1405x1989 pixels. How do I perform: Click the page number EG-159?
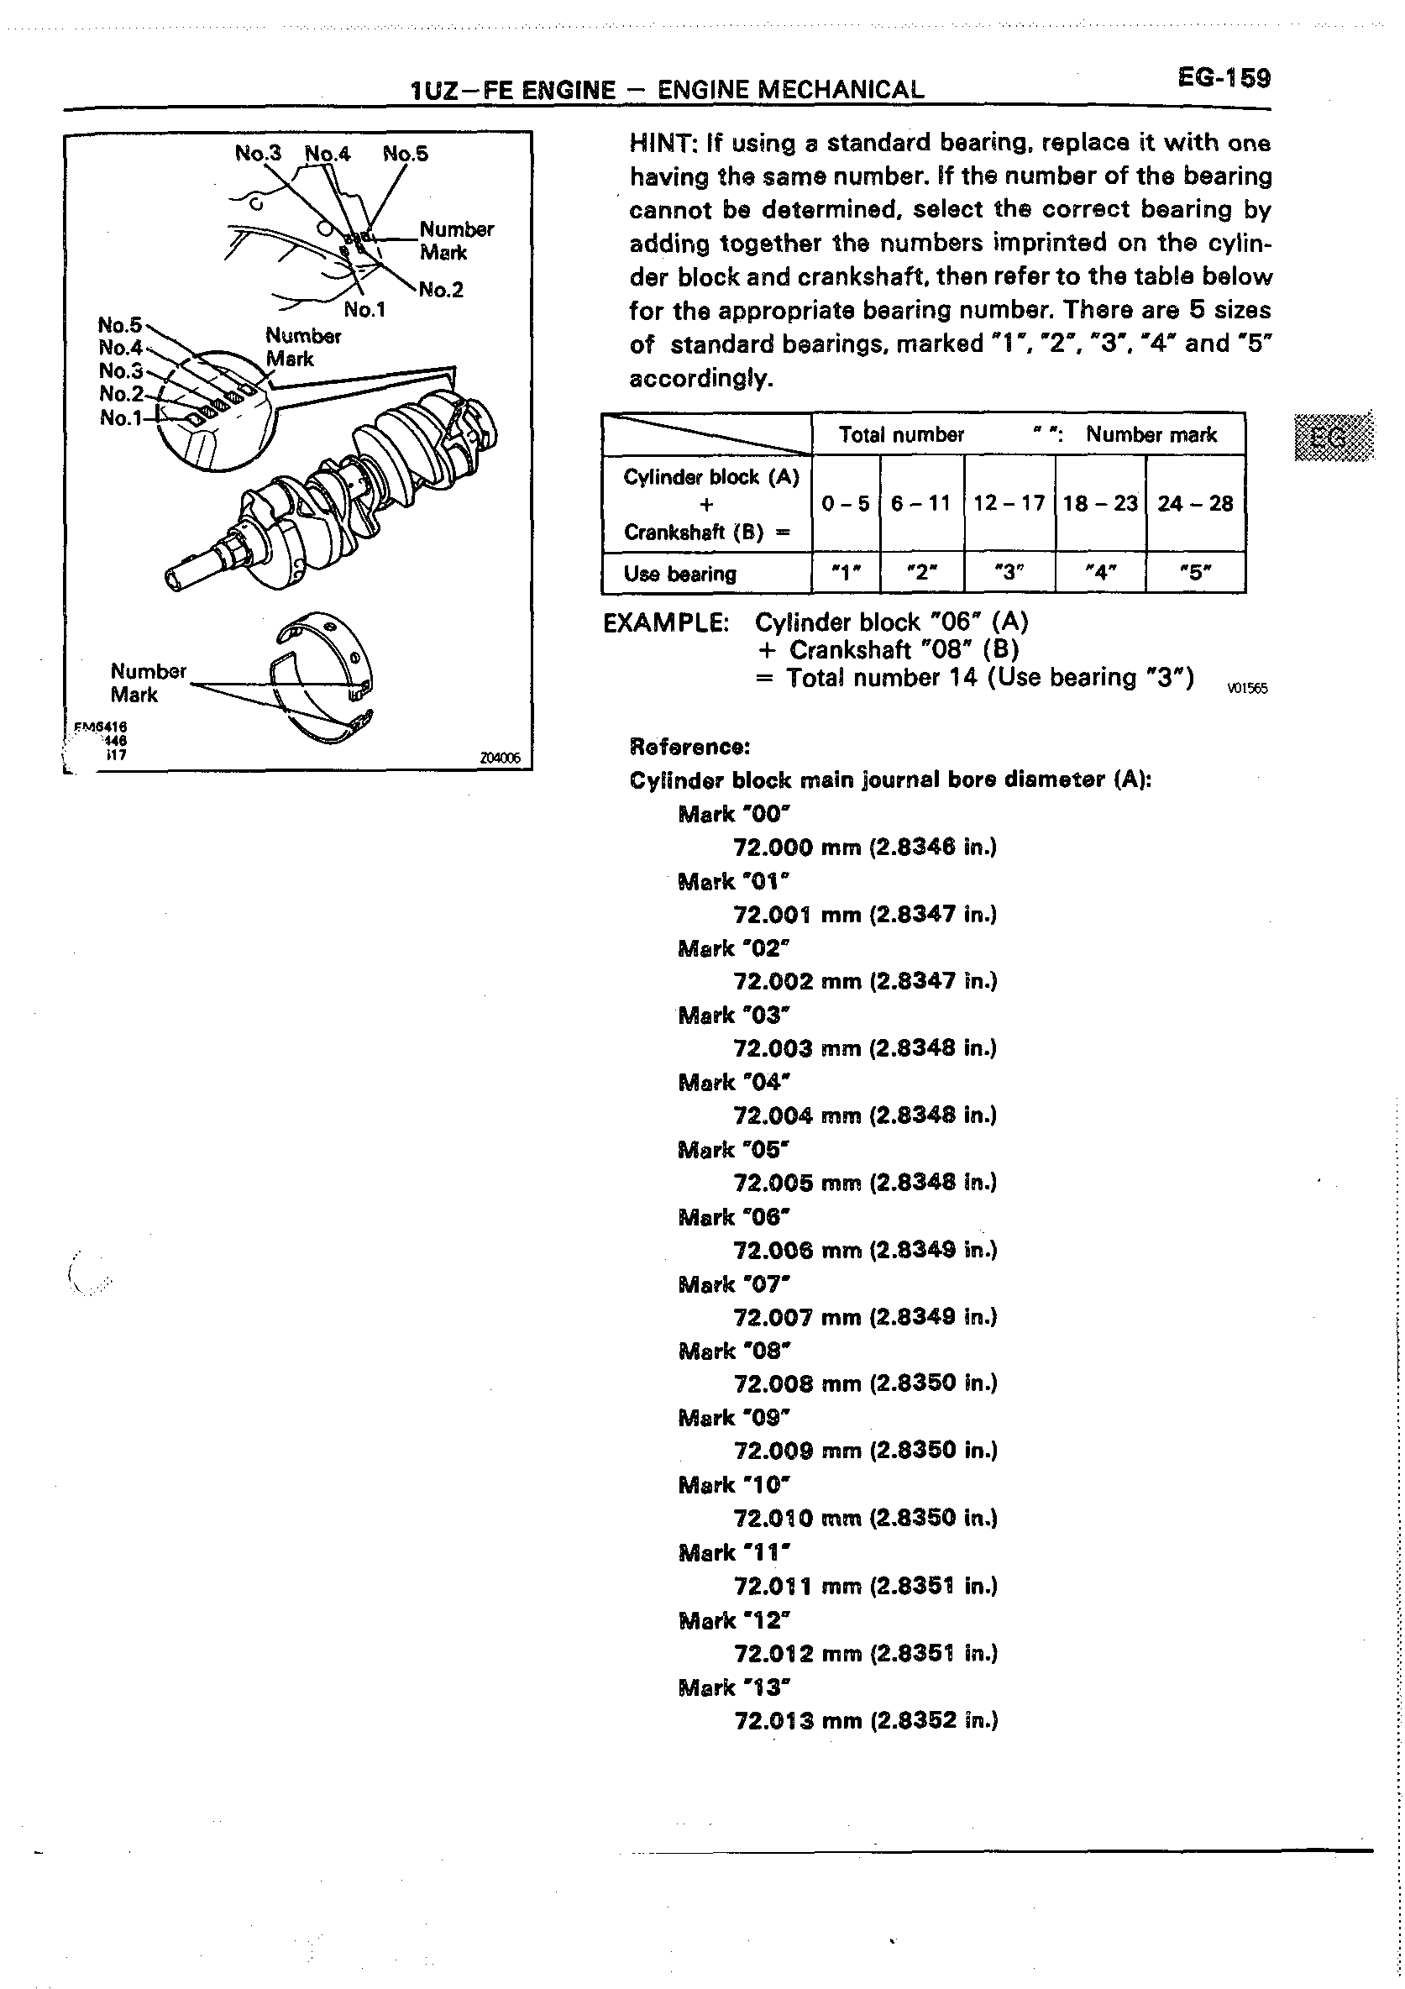tap(1223, 78)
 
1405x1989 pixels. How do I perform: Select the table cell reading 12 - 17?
tap(1009, 503)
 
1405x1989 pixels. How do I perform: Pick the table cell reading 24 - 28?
tap(1194, 503)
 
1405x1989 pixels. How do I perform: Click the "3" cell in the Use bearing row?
tap(1009, 574)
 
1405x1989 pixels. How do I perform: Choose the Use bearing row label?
tap(680, 574)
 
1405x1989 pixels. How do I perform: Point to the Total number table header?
tap(901, 435)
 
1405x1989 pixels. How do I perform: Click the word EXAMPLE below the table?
tap(665, 623)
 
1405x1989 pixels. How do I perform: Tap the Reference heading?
tap(689, 746)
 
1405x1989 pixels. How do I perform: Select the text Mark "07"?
tap(735, 1283)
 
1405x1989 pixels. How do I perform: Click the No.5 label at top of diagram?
tap(406, 155)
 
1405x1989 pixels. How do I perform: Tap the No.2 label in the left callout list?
tap(121, 394)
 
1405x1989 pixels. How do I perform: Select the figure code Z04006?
tap(500, 758)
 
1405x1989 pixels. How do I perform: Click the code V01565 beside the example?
tap(1247, 689)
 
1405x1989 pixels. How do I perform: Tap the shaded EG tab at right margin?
tap(1333, 438)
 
